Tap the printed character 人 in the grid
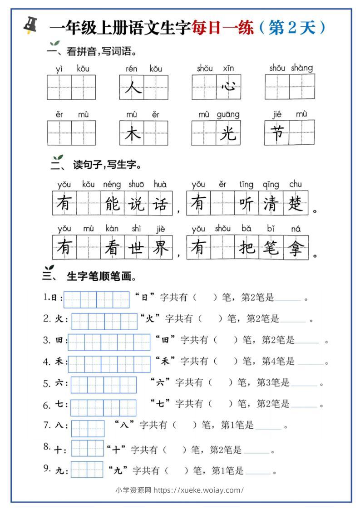[x=132, y=88]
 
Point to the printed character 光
[x=228, y=133]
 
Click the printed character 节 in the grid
[x=277, y=133]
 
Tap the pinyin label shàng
[x=301, y=68]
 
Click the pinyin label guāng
[x=228, y=114]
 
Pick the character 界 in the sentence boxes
[x=161, y=248]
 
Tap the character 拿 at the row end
[x=296, y=248]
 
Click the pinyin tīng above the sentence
[x=246, y=184]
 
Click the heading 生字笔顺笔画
[x=101, y=276]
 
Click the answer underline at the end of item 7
[x=268, y=427]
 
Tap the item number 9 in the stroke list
[x=46, y=468]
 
